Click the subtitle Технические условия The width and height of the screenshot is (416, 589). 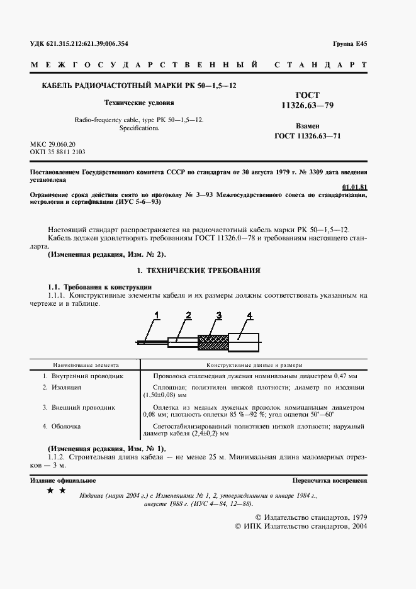139,101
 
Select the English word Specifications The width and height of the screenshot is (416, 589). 139,128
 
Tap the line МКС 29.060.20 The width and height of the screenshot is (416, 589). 57,144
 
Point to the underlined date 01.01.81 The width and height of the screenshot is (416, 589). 354,187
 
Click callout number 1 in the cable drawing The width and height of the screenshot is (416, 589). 157,315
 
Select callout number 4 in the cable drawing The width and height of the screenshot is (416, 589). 249,315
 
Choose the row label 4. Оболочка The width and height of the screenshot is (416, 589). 62,426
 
